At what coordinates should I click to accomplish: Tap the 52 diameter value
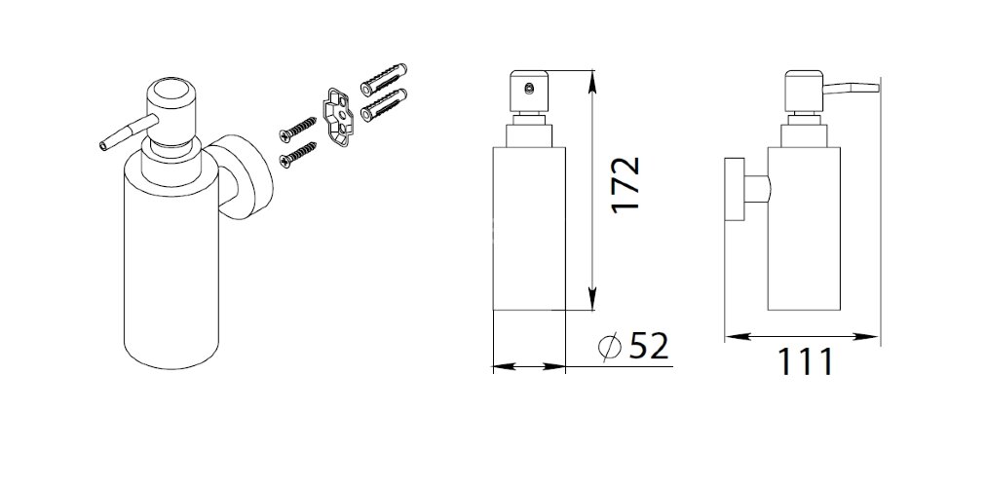(x=648, y=346)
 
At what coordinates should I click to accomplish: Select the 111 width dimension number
(x=806, y=361)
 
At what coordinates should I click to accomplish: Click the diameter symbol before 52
(x=609, y=347)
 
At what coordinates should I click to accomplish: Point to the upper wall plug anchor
(x=384, y=79)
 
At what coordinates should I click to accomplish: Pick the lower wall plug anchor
(x=384, y=105)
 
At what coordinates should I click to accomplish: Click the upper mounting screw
(x=297, y=128)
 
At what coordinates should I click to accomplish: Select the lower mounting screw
(x=297, y=155)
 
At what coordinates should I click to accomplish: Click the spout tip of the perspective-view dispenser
(x=103, y=146)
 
